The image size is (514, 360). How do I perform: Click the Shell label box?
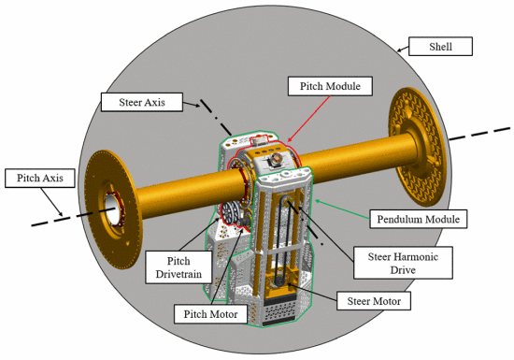click(x=440, y=47)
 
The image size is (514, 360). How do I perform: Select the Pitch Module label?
click(x=330, y=86)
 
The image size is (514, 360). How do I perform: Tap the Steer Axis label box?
click(x=142, y=102)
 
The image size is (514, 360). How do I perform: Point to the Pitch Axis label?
click(x=40, y=178)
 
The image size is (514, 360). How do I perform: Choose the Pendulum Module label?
click(x=419, y=219)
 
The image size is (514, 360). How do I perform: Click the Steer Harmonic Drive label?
click(x=403, y=263)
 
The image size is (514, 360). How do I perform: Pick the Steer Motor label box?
click(x=374, y=301)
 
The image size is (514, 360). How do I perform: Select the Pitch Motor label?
click(x=210, y=314)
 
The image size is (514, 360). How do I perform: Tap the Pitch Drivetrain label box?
click(x=178, y=267)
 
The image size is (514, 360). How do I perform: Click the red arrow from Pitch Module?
click(x=308, y=119)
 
